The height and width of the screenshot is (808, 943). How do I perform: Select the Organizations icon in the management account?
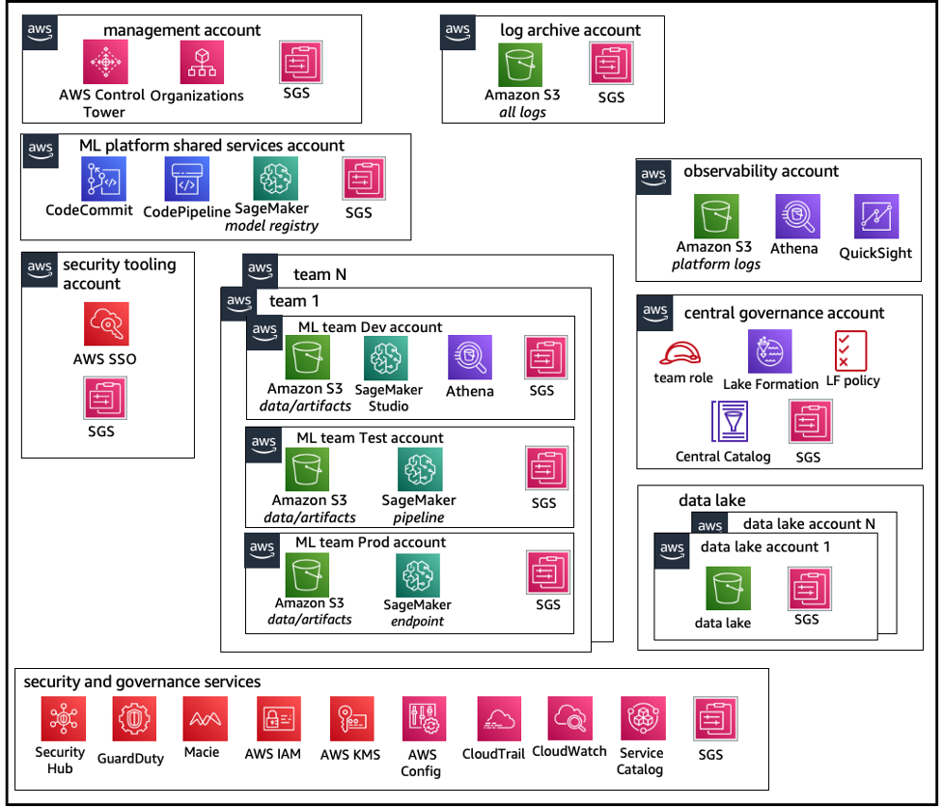pyautogui.click(x=201, y=63)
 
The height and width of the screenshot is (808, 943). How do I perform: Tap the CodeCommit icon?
pyautogui.click(x=103, y=180)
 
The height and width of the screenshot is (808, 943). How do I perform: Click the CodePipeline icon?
pyautogui.click(x=187, y=180)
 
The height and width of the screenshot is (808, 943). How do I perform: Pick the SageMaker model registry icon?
pyautogui.click(x=275, y=179)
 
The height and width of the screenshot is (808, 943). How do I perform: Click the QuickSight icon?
pyautogui.click(x=875, y=216)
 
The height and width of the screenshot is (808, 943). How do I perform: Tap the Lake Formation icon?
pyautogui.click(x=769, y=351)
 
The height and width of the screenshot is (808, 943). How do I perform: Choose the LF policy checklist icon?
pyautogui.click(x=850, y=350)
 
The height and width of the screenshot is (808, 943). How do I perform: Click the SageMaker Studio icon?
pyautogui.click(x=386, y=358)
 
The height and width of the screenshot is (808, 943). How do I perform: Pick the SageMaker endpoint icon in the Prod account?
pyautogui.click(x=418, y=576)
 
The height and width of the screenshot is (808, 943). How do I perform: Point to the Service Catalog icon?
pyautogui.click(x=641, y=720)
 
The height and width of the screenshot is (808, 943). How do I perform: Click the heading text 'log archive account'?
pyautogui.click(x=569, y=30)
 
